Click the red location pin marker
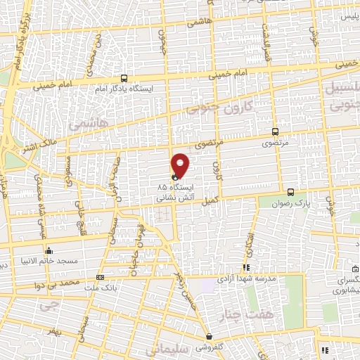point(181,165)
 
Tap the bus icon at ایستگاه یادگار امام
point(124,79)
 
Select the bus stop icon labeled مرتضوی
point(275,131)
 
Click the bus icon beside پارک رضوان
point(290,191)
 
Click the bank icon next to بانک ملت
point(100,277)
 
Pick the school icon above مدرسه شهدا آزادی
point(245,267)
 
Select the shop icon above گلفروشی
point(209,336)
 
